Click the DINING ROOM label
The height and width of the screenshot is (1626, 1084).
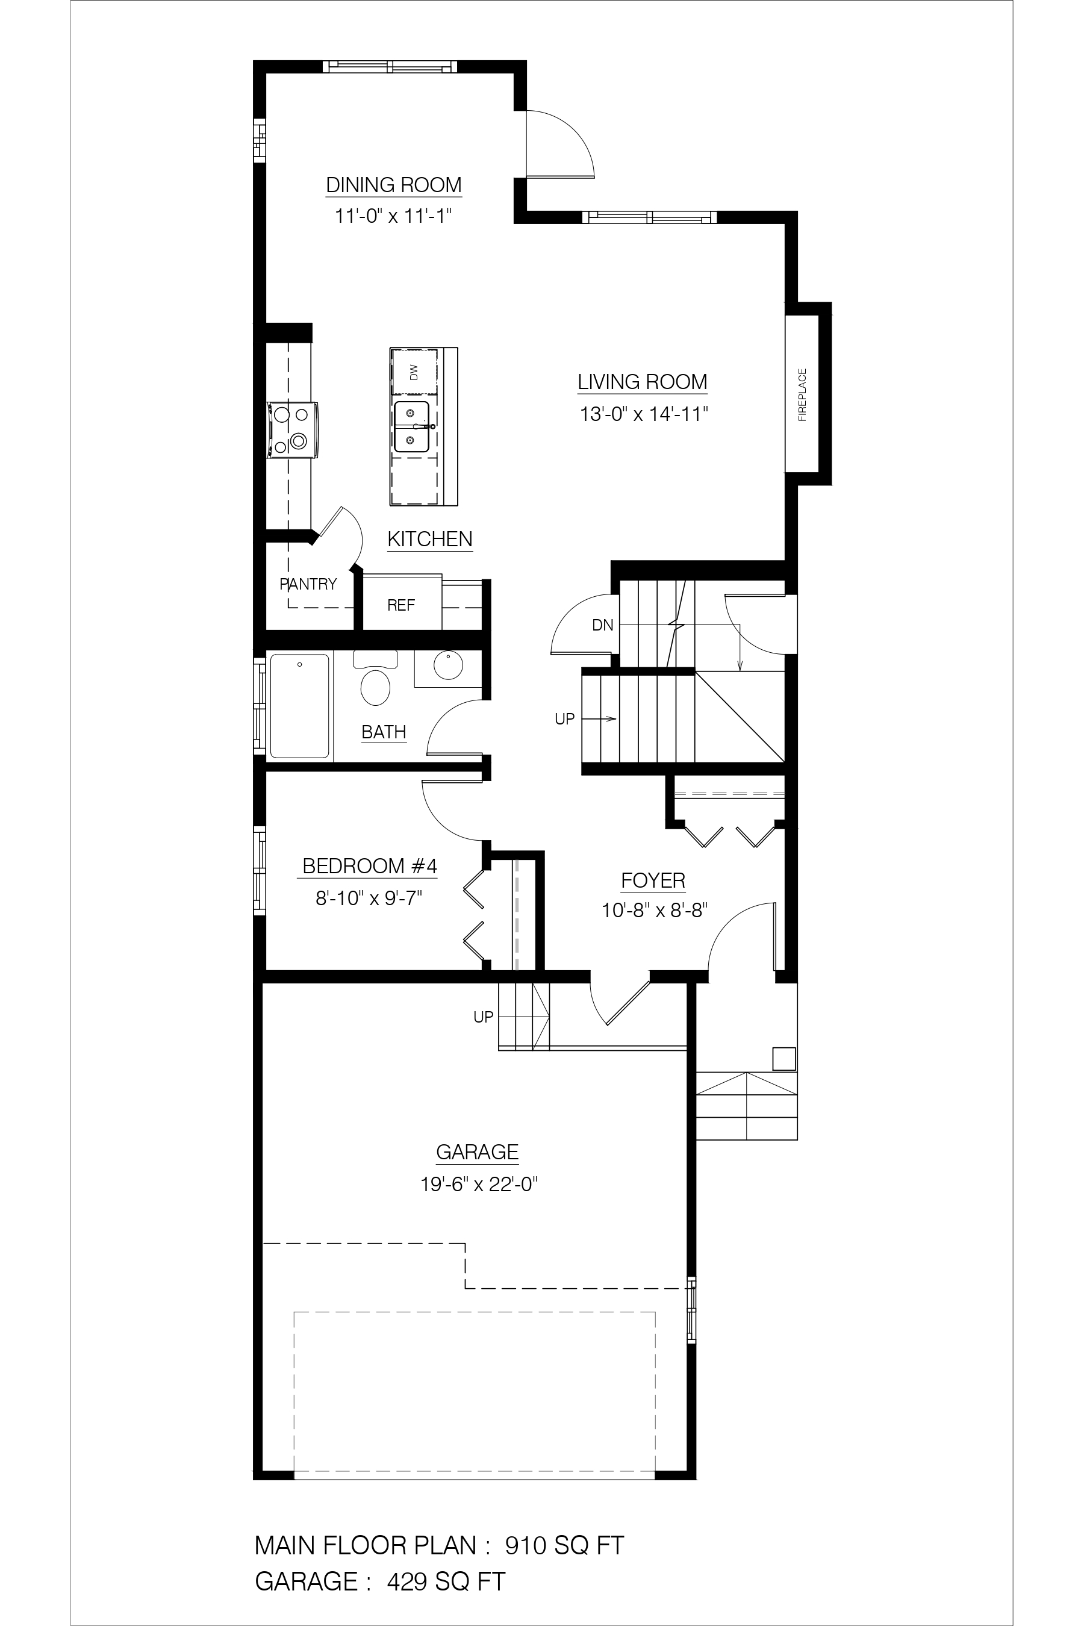tap(393, 185)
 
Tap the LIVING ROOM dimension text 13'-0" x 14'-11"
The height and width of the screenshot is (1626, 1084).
tap(644, 414)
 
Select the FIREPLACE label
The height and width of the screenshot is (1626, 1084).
tap(803, 394)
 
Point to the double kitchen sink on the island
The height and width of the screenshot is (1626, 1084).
tap(412, 427)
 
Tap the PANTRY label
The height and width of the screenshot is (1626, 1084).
tap(308, 584)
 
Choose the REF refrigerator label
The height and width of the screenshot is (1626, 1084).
tap(401, 606)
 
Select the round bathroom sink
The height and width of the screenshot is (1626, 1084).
tap(448, 665)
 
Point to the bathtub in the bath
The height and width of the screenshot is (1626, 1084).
tap(299, 706)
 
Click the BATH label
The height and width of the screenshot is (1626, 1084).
tap(384, 732)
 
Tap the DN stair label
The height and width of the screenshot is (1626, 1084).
tap(603, 625)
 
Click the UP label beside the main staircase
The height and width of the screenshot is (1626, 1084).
tap(565, 719)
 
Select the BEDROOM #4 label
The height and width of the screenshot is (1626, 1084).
tap(370, 866)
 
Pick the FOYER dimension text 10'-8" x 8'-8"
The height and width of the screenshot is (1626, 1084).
tap(654, 911)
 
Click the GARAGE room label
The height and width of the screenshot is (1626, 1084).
tap(477, 1151)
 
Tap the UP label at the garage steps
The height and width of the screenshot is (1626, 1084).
tap(483, 1017)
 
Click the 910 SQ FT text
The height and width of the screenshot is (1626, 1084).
tap(564, 1545)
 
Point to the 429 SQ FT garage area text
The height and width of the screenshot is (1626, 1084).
tap(446, 1581)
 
